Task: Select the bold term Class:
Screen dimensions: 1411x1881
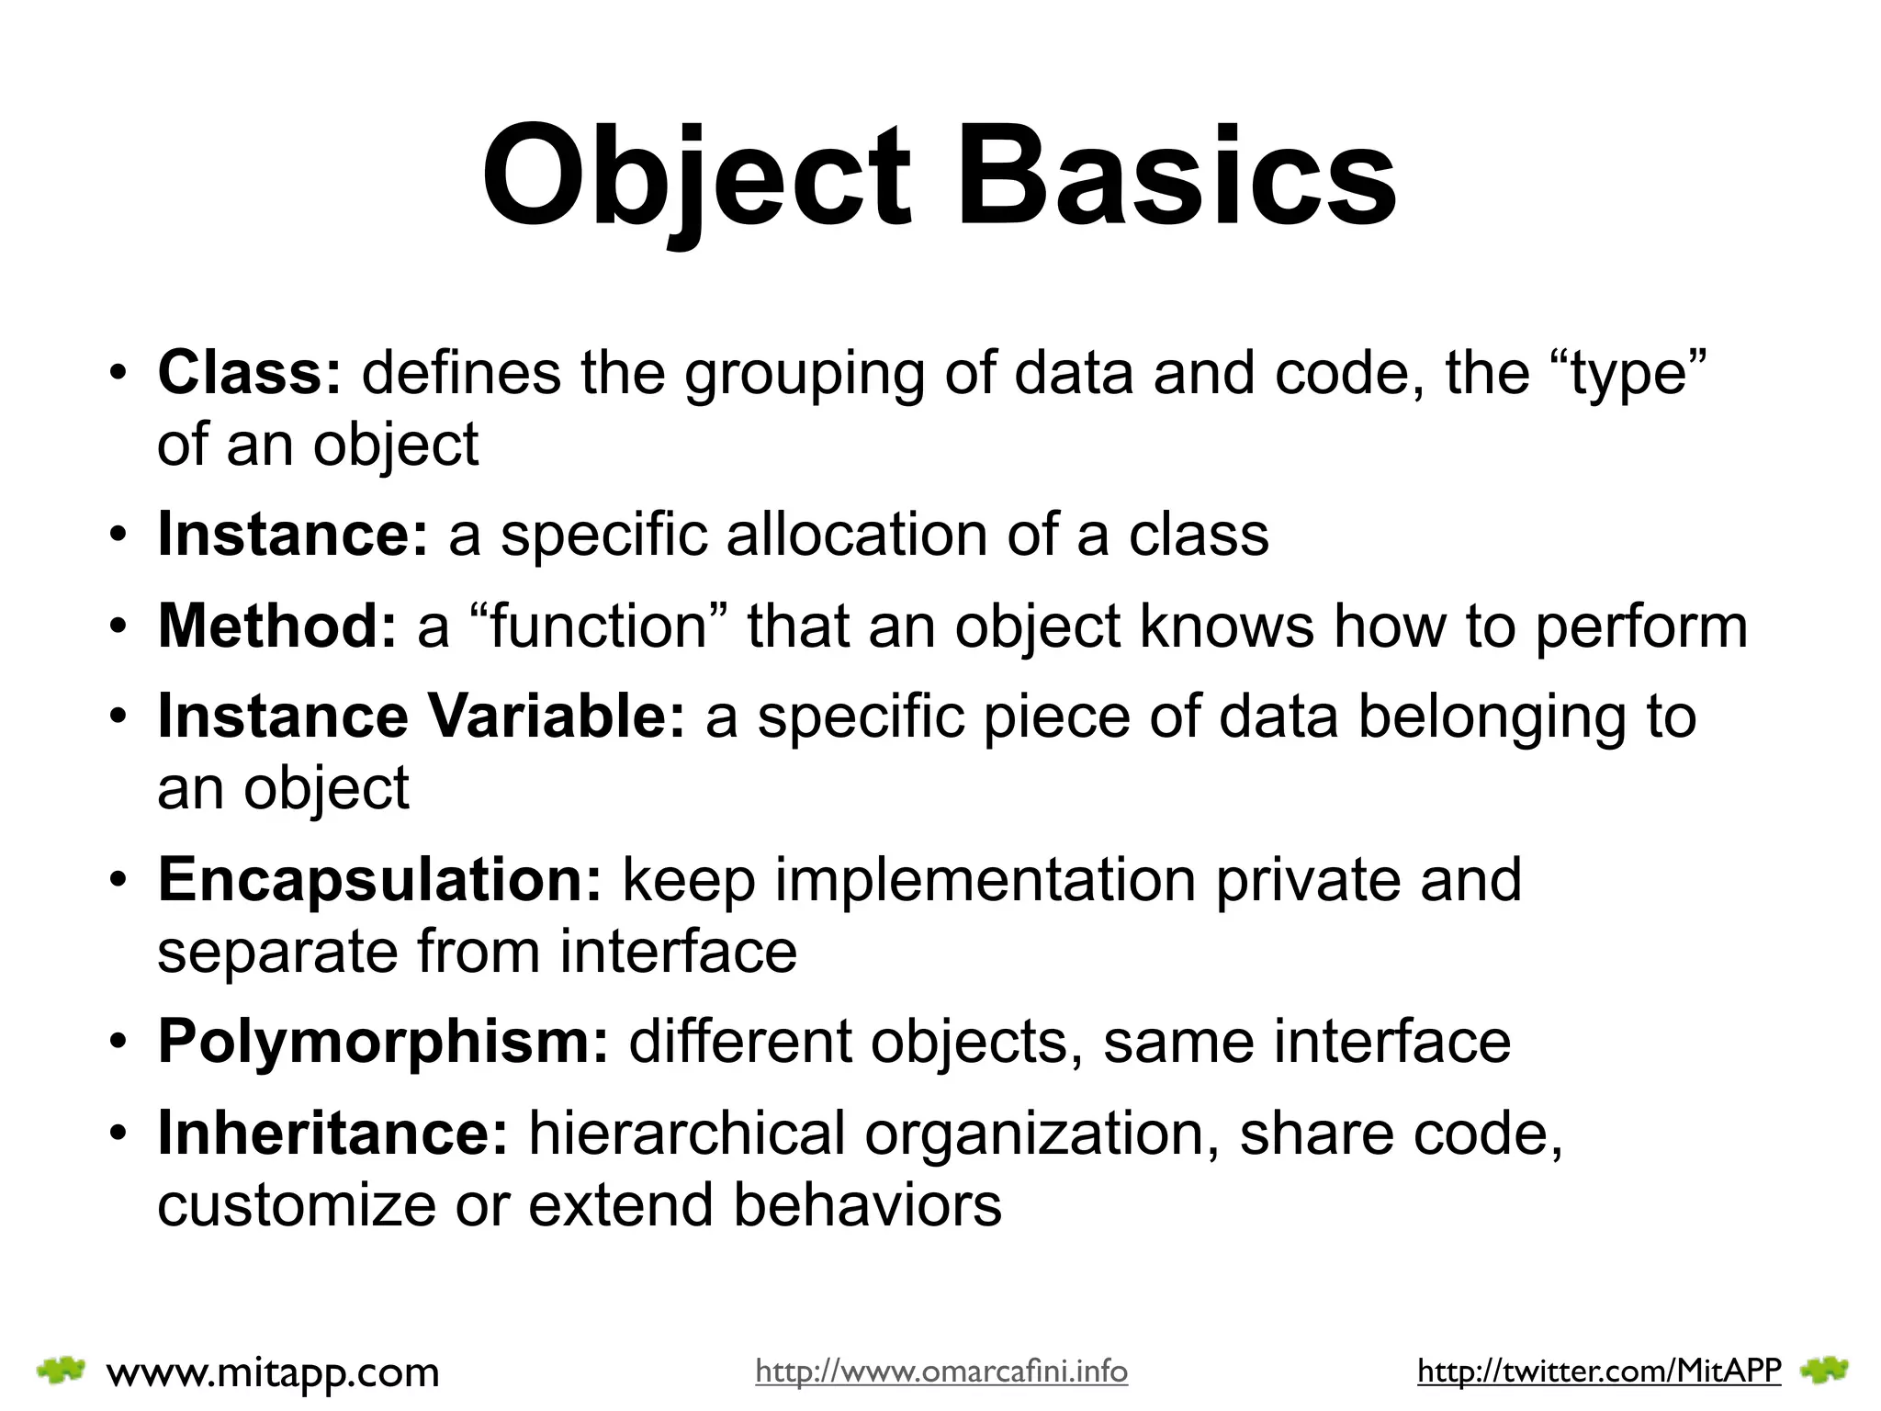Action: coord(249,373)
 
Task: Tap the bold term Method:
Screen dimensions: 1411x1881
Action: coord(277,626)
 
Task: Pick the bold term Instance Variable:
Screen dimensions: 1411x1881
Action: coord(422,717)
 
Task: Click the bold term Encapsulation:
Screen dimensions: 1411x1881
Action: coord(379,879)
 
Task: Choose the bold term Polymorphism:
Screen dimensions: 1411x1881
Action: coord(383,1042)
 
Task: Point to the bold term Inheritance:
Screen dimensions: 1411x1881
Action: coord(332,1133)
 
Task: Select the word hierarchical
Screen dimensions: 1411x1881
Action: coord(686,1133)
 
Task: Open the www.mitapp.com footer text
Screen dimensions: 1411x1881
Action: coord(273,1372)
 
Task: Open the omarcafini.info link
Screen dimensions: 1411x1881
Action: coord(940,1371)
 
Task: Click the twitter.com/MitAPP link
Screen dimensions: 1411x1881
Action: coord(1598,1371)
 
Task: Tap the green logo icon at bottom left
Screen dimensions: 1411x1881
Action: coord(61,1371)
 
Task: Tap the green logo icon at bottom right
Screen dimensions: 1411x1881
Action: coord(1824,1371)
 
